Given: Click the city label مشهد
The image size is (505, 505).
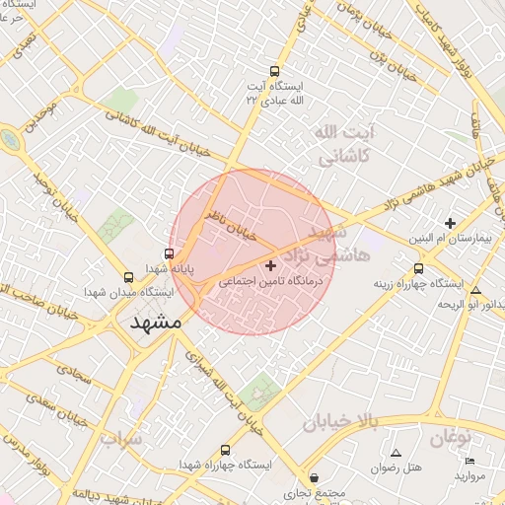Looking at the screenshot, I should click(x=156, y=323).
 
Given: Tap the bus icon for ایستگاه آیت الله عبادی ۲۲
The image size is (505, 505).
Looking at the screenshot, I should click(x=275, y=71).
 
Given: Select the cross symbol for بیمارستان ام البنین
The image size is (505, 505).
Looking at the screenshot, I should click(x=452, y=223).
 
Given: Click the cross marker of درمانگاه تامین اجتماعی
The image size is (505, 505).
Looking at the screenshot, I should click(x=271, y=265).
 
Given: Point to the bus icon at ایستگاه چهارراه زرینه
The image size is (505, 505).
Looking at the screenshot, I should click(x=419, y=268).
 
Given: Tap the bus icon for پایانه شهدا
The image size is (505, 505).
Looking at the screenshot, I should click(x=168, y=253).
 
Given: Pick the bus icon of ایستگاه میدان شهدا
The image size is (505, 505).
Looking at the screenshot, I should click(x=129, y=277).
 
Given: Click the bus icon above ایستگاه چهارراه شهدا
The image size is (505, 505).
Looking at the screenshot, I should click(x=226, y=450).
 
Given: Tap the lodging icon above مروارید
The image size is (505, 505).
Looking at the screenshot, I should click(x=469, y=462).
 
